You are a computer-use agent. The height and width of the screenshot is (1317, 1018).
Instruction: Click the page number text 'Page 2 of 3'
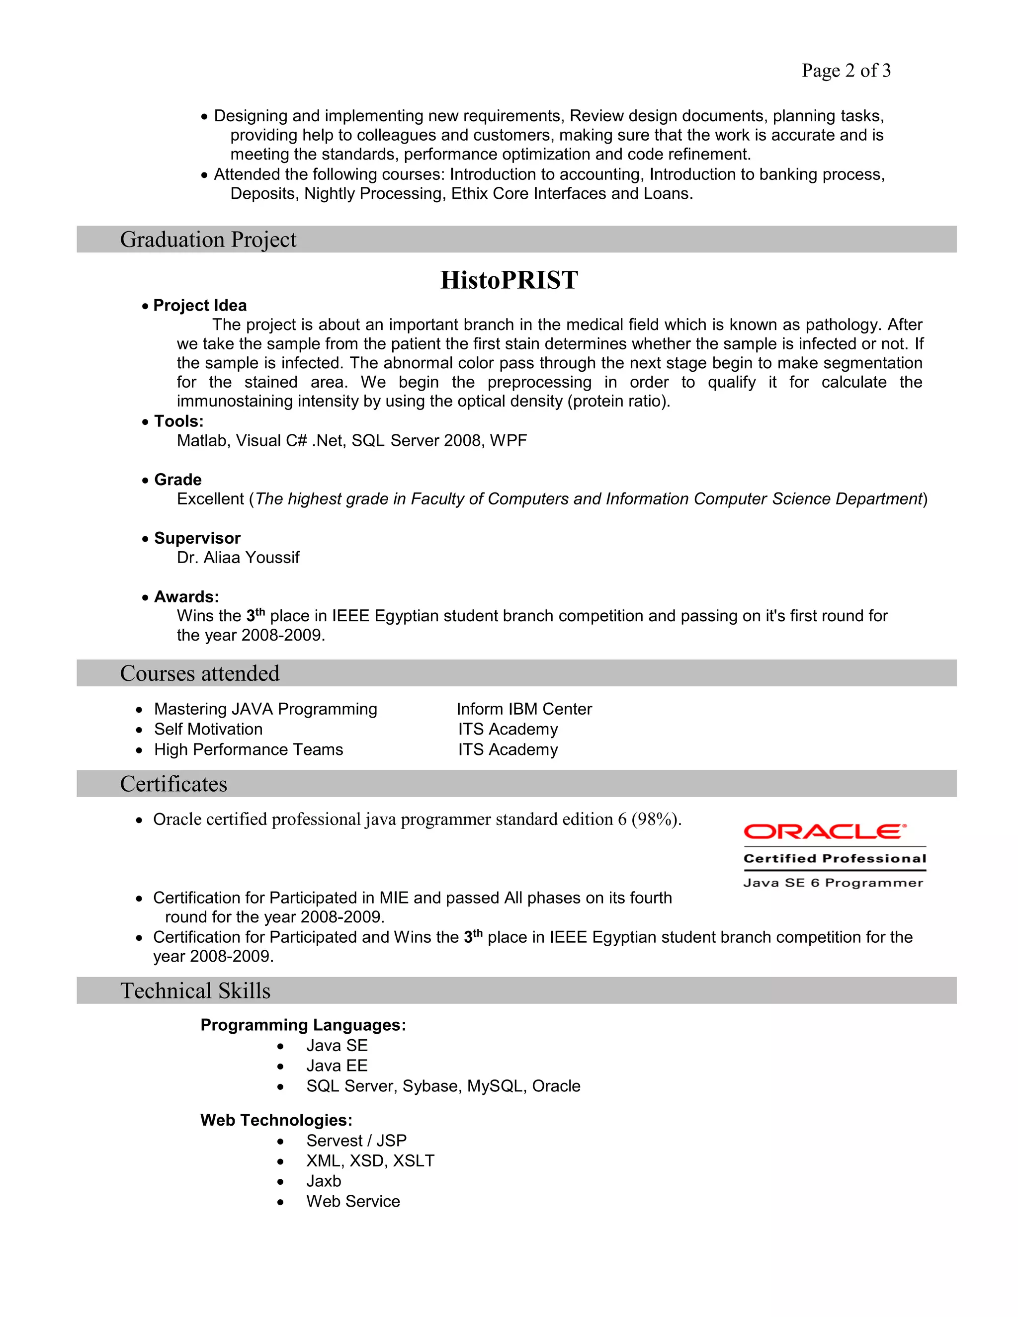pyautogui.click(x=846, y=71)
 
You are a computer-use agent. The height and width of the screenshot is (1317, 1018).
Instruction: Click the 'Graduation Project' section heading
pyautogui.click(x=208, y=240)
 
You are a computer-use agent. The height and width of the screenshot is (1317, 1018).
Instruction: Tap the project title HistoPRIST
pyautogui.click(x=509, y=280)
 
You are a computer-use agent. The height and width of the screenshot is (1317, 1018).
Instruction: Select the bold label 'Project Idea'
pyautogui.click(x=200, y=305)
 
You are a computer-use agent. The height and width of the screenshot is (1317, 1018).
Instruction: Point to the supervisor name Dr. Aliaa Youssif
pyautogui.click(x=238, y=557)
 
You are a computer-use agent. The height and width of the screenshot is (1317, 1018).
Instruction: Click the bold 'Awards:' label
pyautogui.click(x=186, y=596)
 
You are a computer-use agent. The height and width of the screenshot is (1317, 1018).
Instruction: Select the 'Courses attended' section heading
pyautogui.click(x=200, y=673)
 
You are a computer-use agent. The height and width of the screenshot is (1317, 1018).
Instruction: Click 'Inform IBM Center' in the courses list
pyautogui.click(x=523, y=709)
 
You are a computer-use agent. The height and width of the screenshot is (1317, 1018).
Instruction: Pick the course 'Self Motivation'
pyautogui.click(x=208, y=729)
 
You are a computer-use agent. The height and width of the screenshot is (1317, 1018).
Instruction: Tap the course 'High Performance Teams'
pyautogui.click(x=249, y=749)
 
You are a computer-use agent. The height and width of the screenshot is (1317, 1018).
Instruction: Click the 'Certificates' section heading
pyautogui.click(x=173, y=783)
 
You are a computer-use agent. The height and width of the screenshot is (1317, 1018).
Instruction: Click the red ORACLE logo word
pyautogui.click(x=825, y=831)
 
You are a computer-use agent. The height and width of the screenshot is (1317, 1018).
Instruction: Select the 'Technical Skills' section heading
pyautogui.click(x=195, y=991)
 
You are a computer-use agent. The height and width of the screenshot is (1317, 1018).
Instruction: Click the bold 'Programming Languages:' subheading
pyautogui.click(x=303, y=1025)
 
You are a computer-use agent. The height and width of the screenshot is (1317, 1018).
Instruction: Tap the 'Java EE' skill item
pyautogui.click(x=337, y=1066)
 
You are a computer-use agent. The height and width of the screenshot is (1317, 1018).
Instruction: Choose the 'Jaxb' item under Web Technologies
pyautogui.click(x=323, y=1181)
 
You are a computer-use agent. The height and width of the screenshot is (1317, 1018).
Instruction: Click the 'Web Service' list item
pyautogui.click(x=353, y=1201)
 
